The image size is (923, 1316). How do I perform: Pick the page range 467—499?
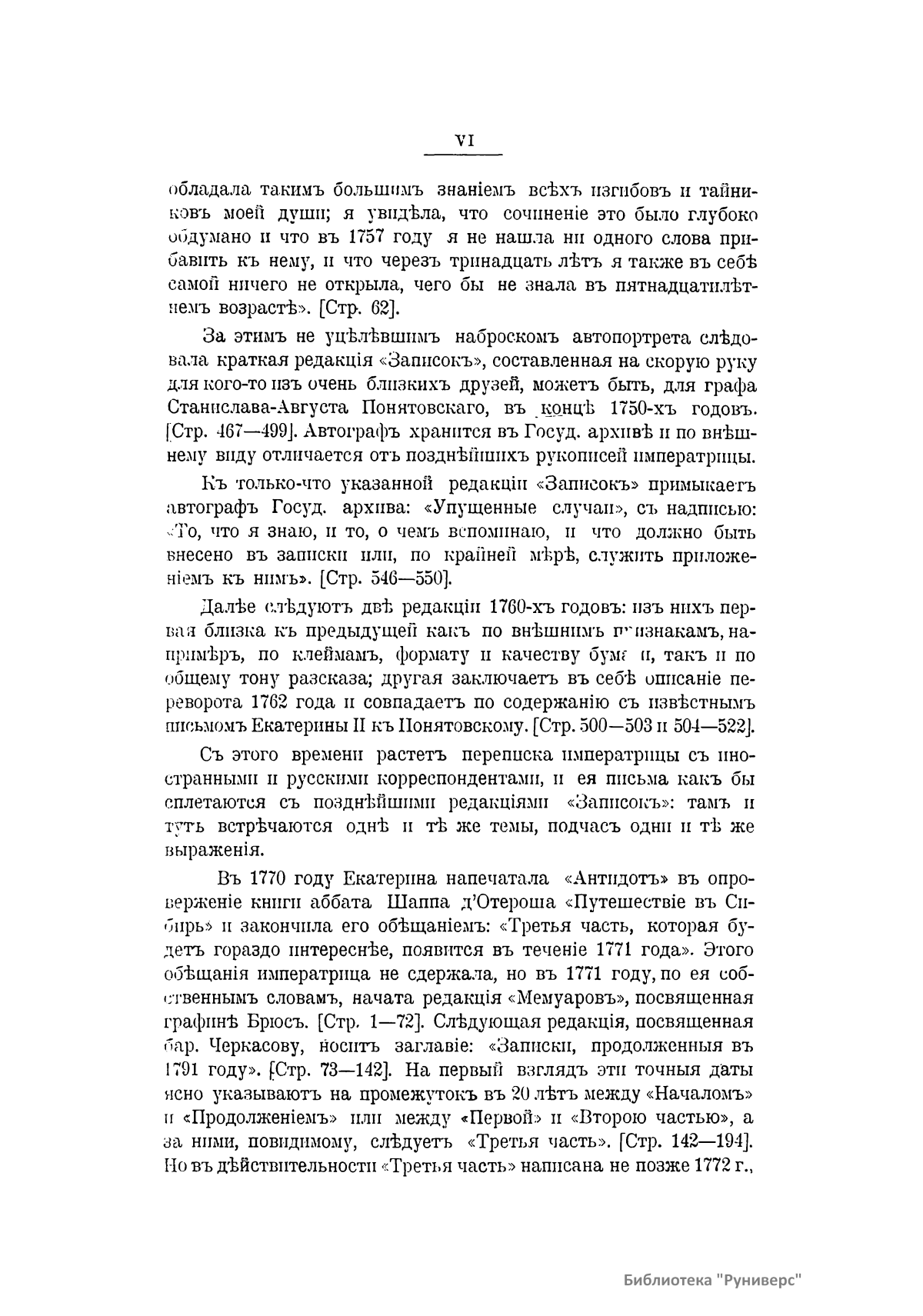click(x=232, y=431)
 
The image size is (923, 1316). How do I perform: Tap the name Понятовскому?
click(x=458, y=726)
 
